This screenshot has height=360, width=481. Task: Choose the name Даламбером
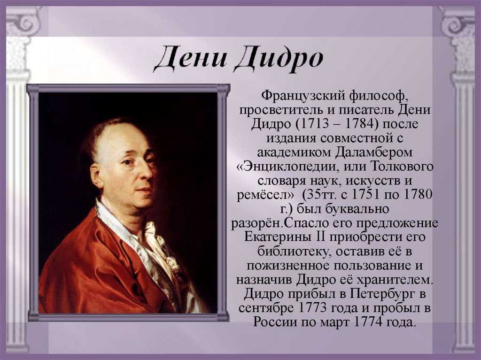pyautogui.click(x=373, y=153)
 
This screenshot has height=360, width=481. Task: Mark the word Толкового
pyautogui.click(x=402, y=166)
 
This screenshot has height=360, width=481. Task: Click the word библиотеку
pyautogui.click(x=294, y=252)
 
